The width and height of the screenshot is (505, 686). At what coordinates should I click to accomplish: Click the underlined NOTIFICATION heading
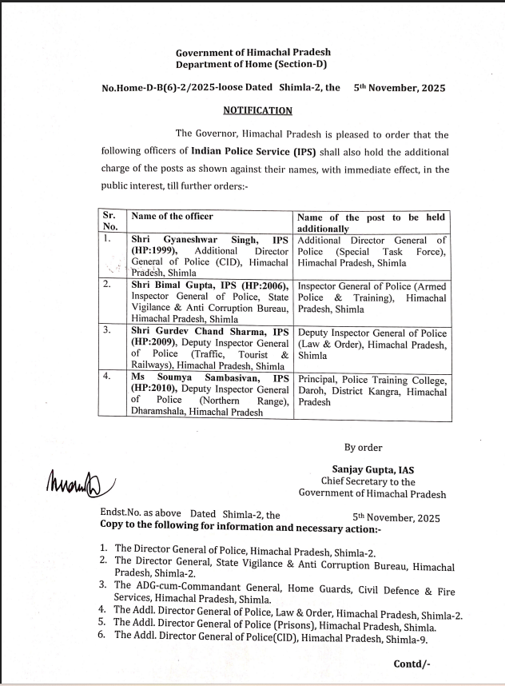(257, 111)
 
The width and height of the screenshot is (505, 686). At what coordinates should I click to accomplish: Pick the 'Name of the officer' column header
(172, 217)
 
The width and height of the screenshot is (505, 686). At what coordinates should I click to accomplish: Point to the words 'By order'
(363, 448)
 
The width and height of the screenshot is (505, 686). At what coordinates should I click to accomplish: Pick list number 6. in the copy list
(102, 635)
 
